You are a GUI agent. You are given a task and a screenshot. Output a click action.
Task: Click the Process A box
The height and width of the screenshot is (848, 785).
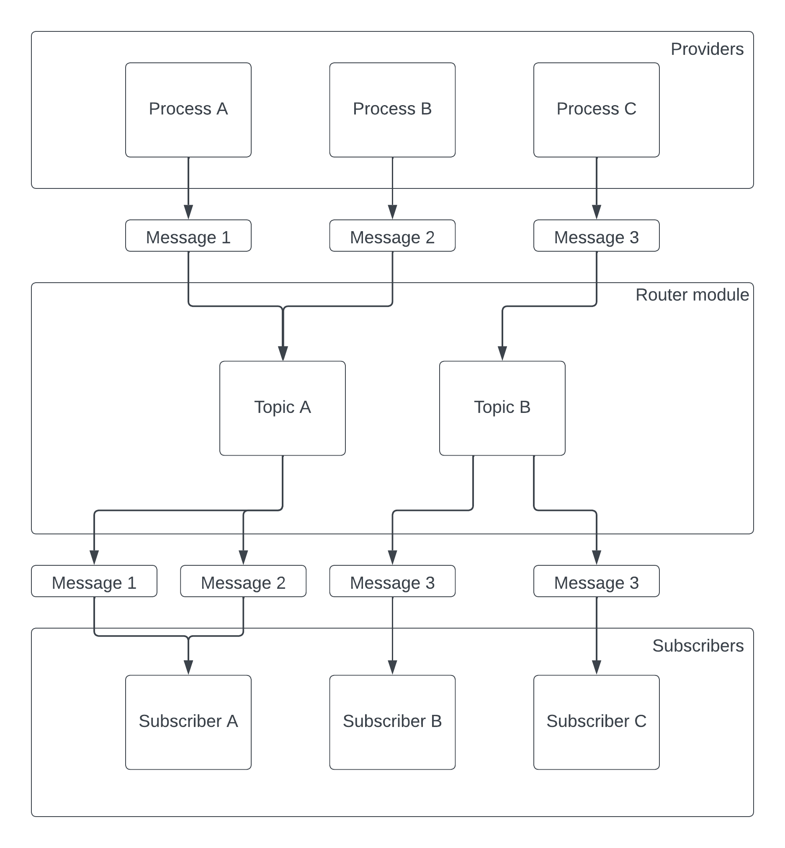point(188,110)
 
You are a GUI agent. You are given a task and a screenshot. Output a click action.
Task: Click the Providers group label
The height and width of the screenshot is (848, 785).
point(707,49)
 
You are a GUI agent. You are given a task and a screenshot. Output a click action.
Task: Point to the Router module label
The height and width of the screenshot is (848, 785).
point(692,295)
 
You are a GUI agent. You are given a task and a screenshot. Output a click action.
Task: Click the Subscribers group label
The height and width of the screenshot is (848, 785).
point(697,645)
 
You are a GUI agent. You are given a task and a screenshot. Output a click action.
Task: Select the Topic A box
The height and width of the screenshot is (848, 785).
point(283,408)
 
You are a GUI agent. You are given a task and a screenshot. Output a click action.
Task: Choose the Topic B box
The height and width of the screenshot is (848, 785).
point(502,408)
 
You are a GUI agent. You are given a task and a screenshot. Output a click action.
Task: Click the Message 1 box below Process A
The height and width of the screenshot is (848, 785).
point(188,236)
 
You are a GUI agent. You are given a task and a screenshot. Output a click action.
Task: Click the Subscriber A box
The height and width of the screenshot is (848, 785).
point(188,722)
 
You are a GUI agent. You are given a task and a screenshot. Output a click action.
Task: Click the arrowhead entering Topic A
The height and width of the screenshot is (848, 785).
point(283,353)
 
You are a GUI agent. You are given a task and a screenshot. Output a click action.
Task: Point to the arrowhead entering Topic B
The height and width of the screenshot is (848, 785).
point(502,353)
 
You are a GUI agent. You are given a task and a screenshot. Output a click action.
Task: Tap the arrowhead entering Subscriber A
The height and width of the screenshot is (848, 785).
point(188,668)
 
